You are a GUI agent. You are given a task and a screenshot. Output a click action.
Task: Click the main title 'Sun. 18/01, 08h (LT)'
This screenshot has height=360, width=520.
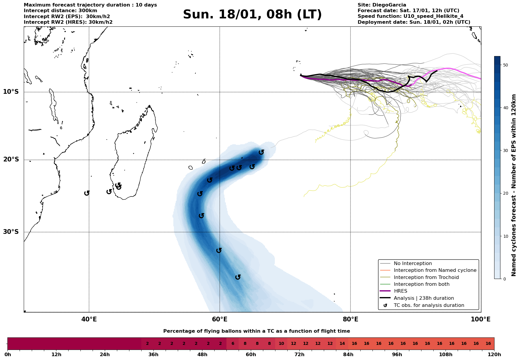pos(252,15)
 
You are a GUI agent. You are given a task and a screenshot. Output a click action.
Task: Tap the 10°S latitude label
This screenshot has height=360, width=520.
pos(11,92)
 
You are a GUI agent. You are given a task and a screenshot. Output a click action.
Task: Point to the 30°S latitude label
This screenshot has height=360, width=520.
pos(11,232)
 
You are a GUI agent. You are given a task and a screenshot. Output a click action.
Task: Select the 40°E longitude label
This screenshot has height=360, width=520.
pos(89,320)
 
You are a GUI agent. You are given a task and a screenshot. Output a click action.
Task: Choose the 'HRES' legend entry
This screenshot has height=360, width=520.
pos(400,291)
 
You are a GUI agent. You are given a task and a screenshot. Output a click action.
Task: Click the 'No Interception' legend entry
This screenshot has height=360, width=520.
pos(413,264)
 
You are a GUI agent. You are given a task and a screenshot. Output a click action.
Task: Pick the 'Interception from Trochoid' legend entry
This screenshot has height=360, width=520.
pos(426,277)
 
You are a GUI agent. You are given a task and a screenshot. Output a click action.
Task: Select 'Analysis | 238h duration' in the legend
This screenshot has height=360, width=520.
pos(424,298)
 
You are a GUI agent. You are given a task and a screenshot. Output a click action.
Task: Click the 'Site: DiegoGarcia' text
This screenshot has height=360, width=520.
pos(382,5)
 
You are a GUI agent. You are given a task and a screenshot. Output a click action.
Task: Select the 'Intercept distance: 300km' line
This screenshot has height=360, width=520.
pos(61,11)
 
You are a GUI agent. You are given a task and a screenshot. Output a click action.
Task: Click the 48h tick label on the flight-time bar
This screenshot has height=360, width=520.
pos(202,355)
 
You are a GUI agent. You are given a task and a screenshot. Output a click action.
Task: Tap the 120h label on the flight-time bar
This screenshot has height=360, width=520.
pos(494,355)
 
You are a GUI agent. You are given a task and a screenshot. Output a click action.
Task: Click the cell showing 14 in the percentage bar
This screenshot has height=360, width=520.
pos(342,344)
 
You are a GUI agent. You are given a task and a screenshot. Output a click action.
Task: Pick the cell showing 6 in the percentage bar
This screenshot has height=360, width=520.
pos(233,344)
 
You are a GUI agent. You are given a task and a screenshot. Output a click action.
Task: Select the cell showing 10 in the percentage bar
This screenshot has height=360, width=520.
pos(281,344)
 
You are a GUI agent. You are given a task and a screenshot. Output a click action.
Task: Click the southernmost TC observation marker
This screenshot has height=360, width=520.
pos(238,277)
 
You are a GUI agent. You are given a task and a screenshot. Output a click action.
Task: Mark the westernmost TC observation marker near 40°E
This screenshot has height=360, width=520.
pos(87,193)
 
